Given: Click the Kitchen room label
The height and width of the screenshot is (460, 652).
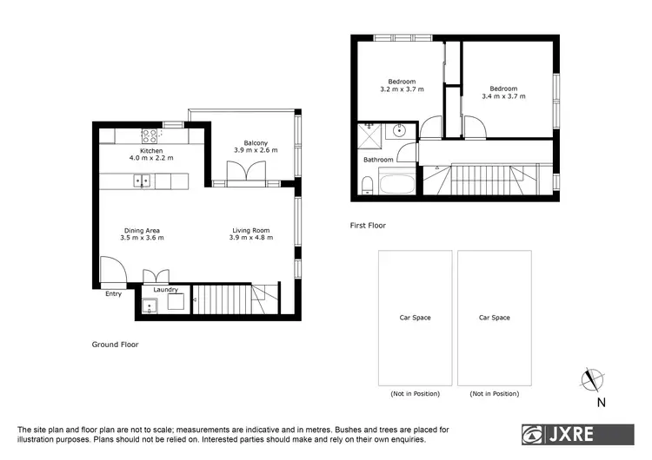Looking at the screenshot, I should [x=139, y=151].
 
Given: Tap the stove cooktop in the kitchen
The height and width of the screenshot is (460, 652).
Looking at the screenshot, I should [x=149, y=135].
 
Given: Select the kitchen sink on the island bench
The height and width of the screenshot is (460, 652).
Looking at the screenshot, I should [x=142, y=181].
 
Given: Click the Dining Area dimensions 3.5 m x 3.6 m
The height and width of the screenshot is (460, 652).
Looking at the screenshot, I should [x=142, y=238].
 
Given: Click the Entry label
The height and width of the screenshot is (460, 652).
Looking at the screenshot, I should [x=114, y=294].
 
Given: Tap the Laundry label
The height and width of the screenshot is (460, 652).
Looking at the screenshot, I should [x=165, y=290].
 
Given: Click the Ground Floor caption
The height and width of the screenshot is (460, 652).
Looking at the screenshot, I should [x=115, y=345].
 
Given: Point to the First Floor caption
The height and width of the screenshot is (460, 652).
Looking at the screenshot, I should [x=368, y=226].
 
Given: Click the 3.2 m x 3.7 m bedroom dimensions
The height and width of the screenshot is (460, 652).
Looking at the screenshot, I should [x=402, y=89].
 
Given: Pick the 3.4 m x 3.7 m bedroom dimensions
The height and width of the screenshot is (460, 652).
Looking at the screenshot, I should [x=503, y=96].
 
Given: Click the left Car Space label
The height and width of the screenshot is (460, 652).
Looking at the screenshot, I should [x=415, y=318].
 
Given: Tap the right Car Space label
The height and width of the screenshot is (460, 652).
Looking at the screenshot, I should [x=495, y=318].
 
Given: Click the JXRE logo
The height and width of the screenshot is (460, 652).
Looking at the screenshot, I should [x=577, y=433].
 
